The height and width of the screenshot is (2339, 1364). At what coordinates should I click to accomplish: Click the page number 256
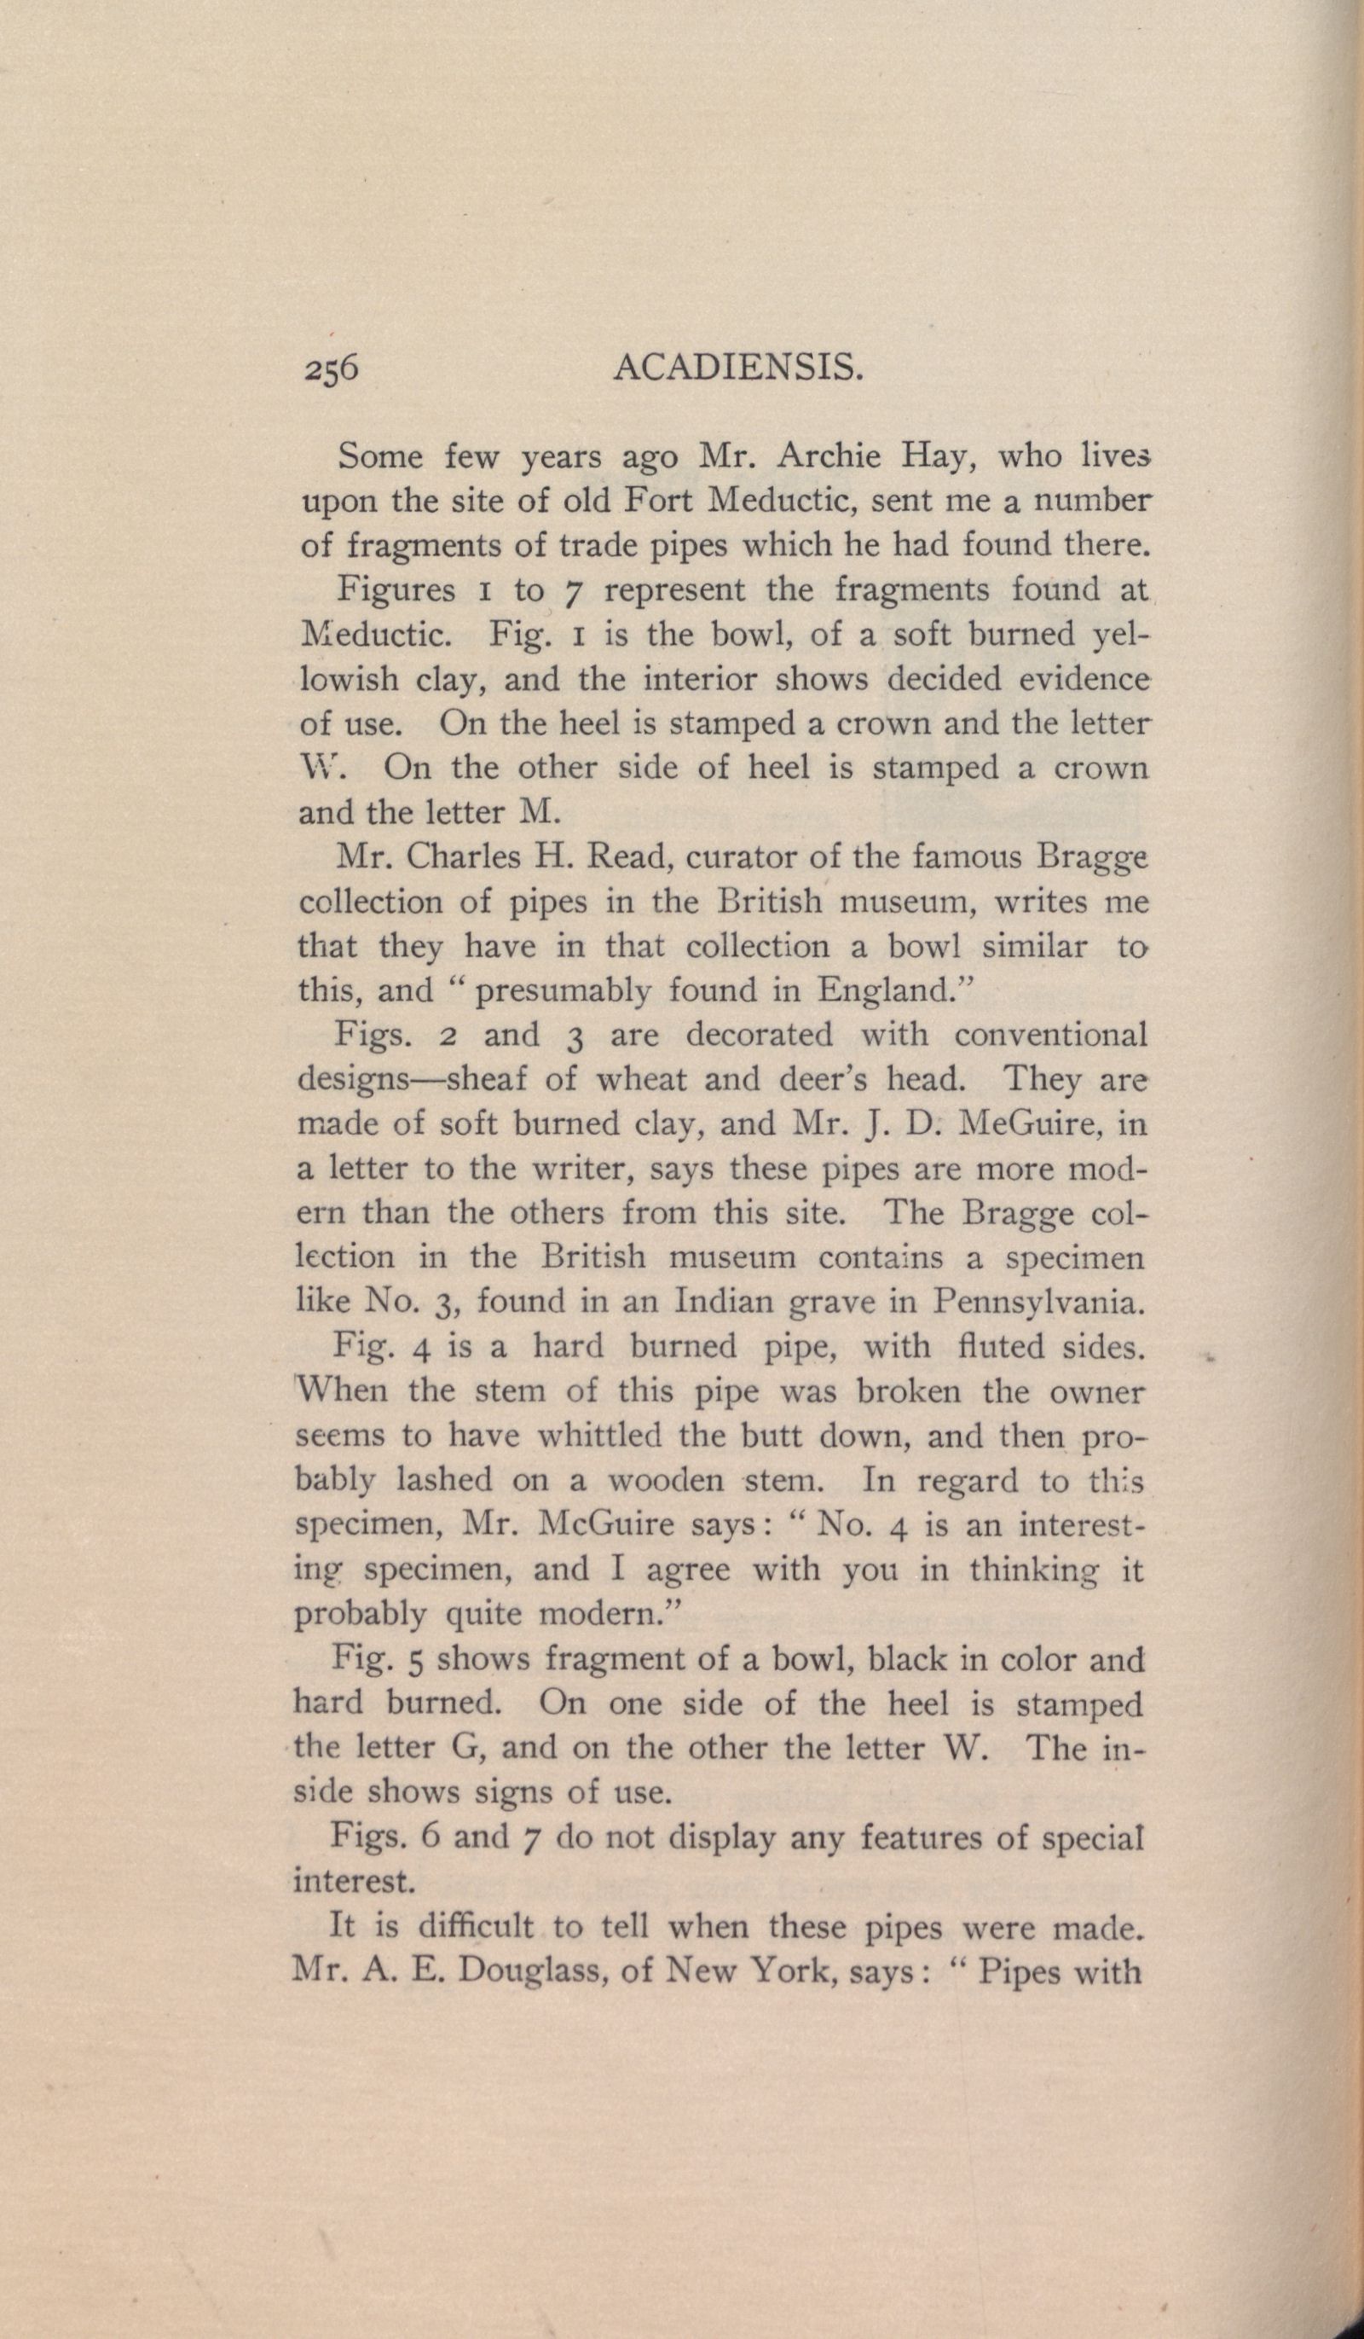point(330,369)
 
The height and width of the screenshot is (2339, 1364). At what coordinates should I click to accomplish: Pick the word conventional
point(1050,1035)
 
